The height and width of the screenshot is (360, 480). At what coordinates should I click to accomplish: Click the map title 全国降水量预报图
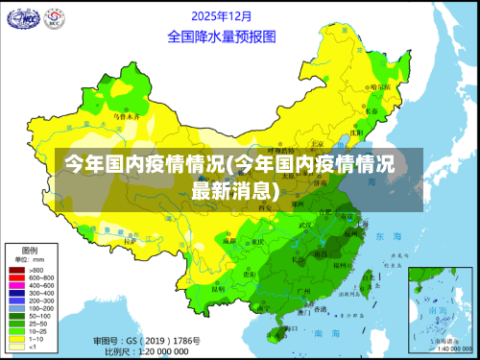[x=222, y=36]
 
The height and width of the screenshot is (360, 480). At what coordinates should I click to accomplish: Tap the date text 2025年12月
[x=222, y=16]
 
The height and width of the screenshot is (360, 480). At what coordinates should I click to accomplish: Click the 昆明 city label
[x=219, y=287]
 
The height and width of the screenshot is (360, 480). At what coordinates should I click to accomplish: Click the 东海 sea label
[x=387, y=236]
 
